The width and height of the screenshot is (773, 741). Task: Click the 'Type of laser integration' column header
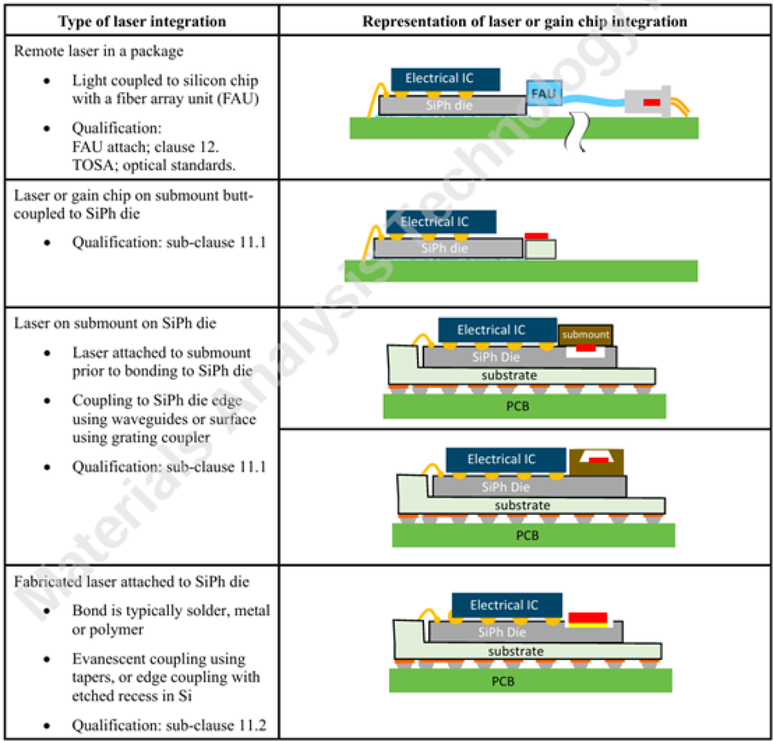pyautogui.click(x=142, y=21)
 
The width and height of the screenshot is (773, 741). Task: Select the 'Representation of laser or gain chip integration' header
pyautogui.click(x=525, y=21)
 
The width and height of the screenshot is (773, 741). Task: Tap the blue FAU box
pyautogui.click(x=544, y=94)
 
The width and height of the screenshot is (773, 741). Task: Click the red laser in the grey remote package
pyautogui.click(x=651, y=102)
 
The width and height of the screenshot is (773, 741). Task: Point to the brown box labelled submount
pyautogui.click(x=585, y=335)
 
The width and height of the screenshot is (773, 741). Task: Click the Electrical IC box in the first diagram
pyautogui.click(x=446, y=79)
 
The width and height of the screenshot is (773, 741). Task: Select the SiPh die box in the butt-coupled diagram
pyautogui.click(x=448, y=248)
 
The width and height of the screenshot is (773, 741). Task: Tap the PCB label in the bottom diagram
pyautogui.click(x=503, y=681)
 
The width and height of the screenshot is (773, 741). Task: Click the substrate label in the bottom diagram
pyautogui.click(x=515, y=651)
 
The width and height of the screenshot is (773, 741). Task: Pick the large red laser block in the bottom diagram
pyautogui.click(x=587, y=618)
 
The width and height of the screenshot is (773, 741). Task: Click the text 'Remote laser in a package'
pyautogui.click(x=98, y=51)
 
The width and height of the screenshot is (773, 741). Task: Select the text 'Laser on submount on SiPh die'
pyautogui.click(x=115, y=323)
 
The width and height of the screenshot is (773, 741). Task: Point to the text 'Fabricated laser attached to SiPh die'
pyautogui.click(x=132, y=582)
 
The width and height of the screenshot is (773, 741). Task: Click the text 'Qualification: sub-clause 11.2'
pyautogui.click(x=169, y=725)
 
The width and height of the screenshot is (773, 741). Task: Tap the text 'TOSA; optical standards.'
pyautogui.click(x=154, y=165)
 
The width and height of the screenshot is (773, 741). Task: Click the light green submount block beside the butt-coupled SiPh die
pyautogui.click(x=541, y=249)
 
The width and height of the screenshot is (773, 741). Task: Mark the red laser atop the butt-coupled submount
pyautogui.click(x=537, y=236)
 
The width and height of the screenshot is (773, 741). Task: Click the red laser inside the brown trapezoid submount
pyautogui.click(x=599, y=460)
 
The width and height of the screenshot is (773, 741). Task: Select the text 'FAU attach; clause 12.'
pyautogui.click(x=145, y=147)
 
